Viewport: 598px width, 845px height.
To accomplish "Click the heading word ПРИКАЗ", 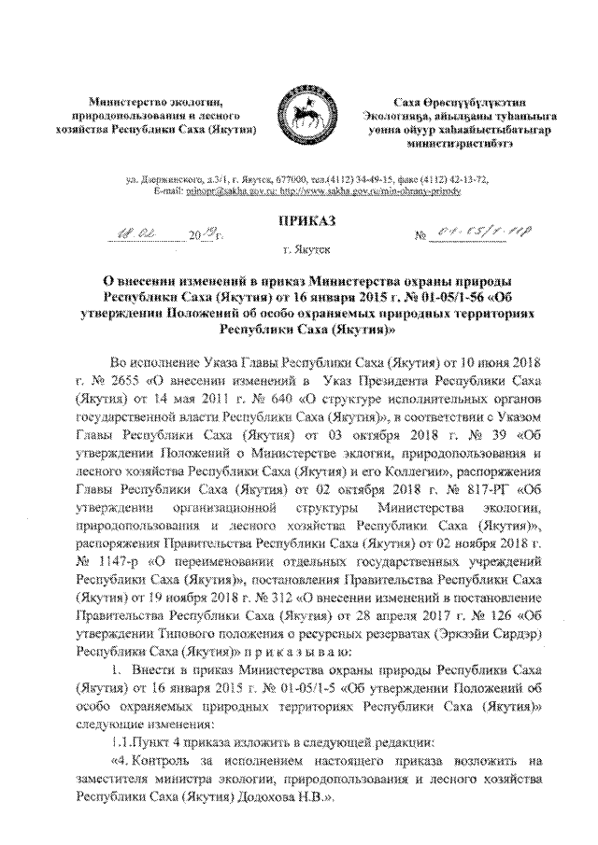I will (299, 220).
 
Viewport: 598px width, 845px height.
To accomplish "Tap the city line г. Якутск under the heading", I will (299, 251).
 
